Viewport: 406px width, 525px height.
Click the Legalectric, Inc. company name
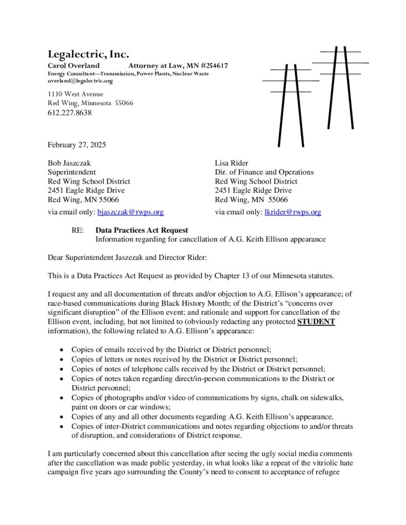coord(88,54)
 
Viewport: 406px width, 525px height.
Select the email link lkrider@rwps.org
coord(293,212)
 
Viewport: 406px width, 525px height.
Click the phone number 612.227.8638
coord(69,113)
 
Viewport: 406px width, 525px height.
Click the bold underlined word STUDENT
coord(316,321)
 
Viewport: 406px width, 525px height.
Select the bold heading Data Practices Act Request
coord(142,230)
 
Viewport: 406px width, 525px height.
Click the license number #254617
coord(215,66)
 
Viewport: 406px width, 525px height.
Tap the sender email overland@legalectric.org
coord(80,81)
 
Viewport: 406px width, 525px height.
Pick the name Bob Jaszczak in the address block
coord(69,163)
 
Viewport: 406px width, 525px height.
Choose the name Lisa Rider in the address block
coord(231,163)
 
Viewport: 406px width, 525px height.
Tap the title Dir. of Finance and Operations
coord(264,172)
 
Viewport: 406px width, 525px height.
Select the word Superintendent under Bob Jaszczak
coord(71,172)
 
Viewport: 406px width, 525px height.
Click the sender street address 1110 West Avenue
coord(75,94)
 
